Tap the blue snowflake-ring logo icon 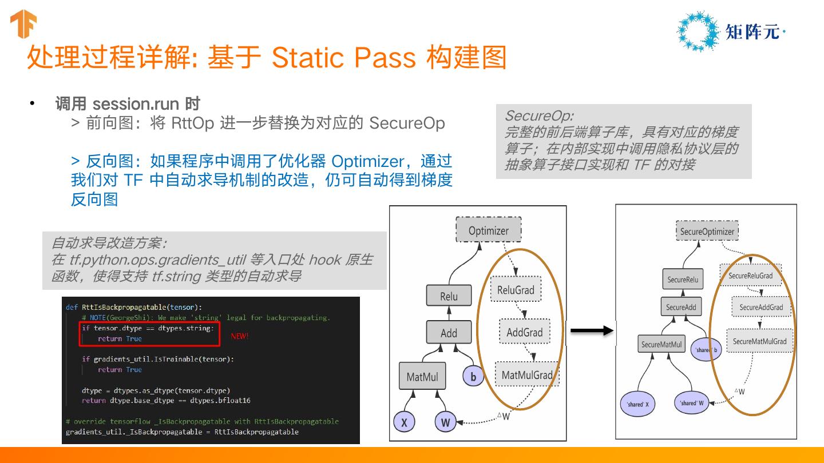697,32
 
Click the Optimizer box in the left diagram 488,230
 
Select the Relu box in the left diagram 449,296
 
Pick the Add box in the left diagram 449,333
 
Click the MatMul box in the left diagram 422,377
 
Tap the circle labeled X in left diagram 404,422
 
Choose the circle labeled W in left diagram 446,422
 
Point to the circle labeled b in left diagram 473,377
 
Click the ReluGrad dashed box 516,290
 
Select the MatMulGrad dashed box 526,375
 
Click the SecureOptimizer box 707,231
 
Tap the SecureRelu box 683,280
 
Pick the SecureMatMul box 661,345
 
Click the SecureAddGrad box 761,307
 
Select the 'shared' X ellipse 637,404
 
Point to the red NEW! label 240,336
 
